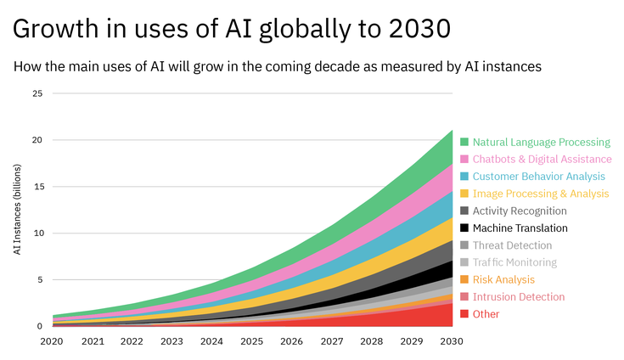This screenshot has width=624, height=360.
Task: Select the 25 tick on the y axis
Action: coord(37,93)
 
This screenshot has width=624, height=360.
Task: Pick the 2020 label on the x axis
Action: coord(53,340)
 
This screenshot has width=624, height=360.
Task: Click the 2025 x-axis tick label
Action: coord(252,340)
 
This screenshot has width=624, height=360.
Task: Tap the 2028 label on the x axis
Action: coord(372,340)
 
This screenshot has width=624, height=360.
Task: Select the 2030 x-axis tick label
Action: coord(452,340)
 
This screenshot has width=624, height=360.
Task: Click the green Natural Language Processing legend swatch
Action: coord(464,143)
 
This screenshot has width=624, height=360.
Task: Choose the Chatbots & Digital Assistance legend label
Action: coord(542,160)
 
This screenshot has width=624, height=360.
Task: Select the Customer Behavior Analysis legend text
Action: coord(538,177)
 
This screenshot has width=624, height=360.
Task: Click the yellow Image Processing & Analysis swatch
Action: coord(464,194)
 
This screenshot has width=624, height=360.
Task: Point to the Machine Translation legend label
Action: coord(520,228)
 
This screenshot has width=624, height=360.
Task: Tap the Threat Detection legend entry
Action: coord(512,245)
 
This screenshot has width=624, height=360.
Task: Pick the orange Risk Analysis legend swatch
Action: coord(464,279)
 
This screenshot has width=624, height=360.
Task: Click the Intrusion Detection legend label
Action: coord(518,297)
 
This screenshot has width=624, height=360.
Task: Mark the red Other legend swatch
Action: coord(464,314)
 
